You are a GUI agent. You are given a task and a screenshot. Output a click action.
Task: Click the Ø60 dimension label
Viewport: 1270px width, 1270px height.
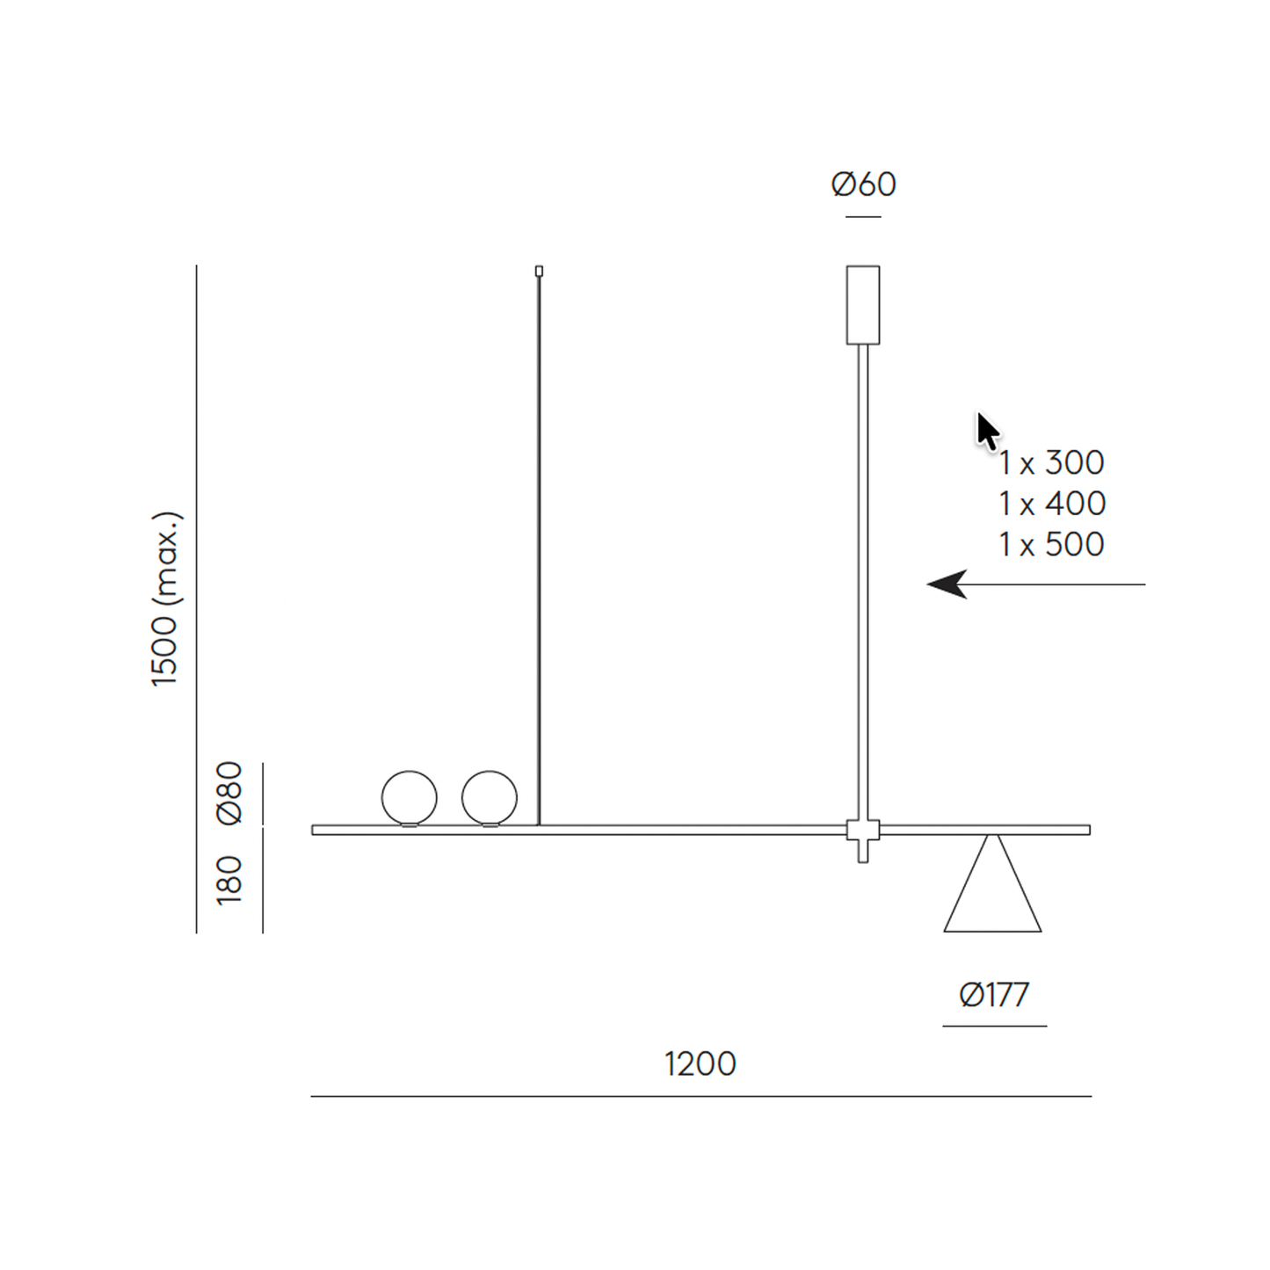863,185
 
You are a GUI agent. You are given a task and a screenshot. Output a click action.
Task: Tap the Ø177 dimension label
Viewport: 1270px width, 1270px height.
994,995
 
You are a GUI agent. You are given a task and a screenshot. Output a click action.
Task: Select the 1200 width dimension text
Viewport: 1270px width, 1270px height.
700,1064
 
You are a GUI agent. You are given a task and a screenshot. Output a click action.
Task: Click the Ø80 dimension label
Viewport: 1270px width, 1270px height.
229,793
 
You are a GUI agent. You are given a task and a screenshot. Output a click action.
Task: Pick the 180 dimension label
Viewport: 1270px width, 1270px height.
229,881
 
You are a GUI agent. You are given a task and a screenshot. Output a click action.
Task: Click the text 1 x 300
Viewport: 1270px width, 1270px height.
1052,462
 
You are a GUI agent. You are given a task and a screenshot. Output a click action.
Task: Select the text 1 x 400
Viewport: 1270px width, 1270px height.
1052,504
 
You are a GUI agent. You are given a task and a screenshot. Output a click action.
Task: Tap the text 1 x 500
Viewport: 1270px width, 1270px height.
1052,544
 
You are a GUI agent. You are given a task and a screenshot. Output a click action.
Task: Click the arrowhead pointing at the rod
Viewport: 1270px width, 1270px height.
947,584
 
